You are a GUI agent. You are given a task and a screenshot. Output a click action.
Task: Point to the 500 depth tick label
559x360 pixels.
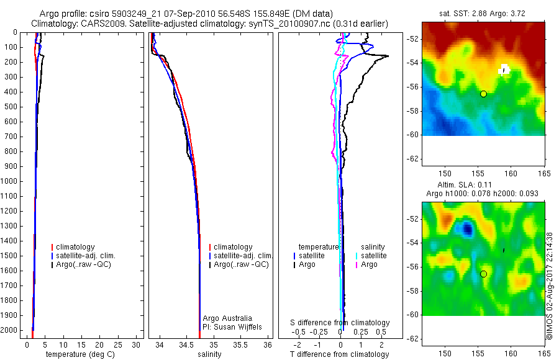pos(10,106)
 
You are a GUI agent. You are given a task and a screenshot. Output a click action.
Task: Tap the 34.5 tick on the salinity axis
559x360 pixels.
pos(186,344)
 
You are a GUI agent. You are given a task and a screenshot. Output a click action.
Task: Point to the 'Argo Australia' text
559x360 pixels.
pos(227,318)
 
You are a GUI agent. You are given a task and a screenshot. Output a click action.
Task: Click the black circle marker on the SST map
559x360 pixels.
pos(483,94)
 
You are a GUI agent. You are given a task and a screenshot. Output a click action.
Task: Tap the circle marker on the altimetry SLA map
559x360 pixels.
pos(483,274)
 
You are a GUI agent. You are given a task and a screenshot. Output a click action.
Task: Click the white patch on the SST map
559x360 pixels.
pos(504,69)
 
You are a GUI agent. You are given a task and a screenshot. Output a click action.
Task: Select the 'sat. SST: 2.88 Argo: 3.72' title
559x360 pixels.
pos(484,13)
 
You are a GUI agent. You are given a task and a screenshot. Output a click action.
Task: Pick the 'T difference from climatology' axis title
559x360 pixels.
pos(340,354)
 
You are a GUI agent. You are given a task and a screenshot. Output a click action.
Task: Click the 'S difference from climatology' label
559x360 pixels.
pos(340,323)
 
